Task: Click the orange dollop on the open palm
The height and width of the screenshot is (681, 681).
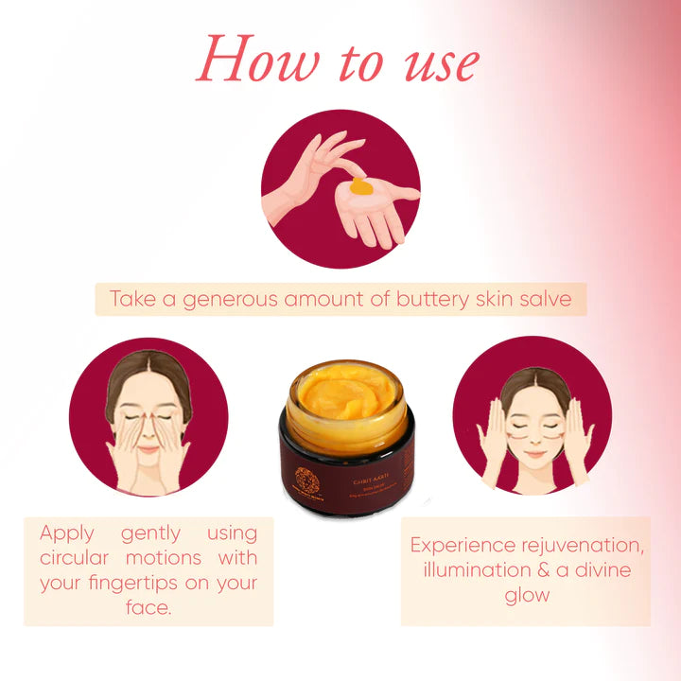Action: tap(359, 188)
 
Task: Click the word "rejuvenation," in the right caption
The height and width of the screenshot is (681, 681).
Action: tap(585, 546)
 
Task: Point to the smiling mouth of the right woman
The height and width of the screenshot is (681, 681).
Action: tap(535, 454)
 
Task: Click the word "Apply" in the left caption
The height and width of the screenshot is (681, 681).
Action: tap(66, 533)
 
